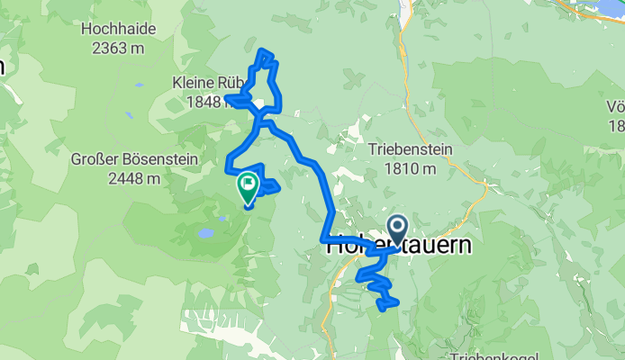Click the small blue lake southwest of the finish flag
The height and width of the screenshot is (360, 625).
tap(205, 232)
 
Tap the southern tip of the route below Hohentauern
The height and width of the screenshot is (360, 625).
tap(389, 305)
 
